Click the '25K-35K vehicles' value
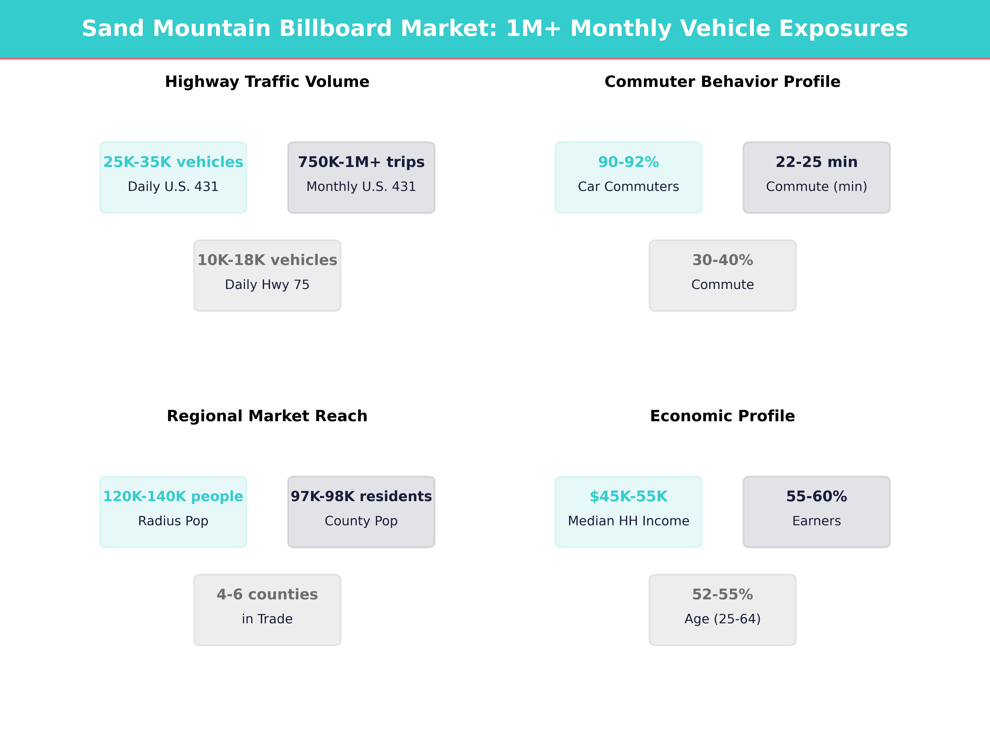tap(173, 162)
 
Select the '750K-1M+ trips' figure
tap(361, 162)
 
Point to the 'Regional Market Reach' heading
tap(267, 416)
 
